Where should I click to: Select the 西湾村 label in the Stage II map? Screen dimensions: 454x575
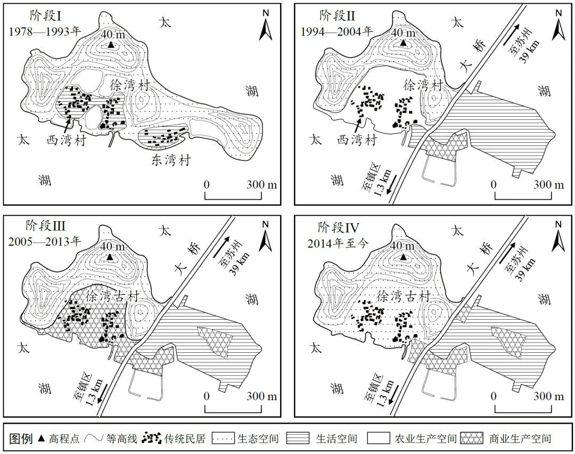pyautogui.click(x=357, y=141)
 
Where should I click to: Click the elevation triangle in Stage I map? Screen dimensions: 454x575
pyautogui.click(x=110, y=46)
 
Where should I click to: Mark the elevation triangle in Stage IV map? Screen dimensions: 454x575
pyautogui.click(x=403, y=258)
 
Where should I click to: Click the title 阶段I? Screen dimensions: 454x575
pyautogui.click(x=46, y=15)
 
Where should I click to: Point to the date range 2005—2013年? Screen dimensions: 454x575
pyautogui.click(x=44, y=240)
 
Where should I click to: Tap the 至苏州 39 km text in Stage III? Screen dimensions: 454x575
pyautogui.click(x=240, y=256)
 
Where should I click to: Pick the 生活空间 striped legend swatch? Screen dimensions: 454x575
pyautogui.click(x=301, y=439)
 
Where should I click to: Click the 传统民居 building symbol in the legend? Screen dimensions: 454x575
pyautogui.click(x=152, y=439)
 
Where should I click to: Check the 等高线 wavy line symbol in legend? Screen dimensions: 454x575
pyautogui.click(x=94, y=439)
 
